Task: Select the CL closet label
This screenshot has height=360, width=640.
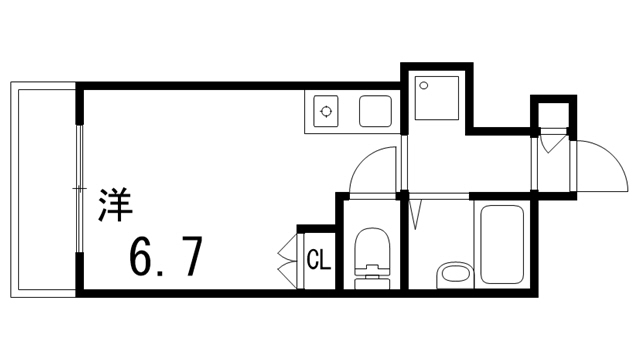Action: [x=318, y=262]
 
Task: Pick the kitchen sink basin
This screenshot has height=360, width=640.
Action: [x=375, y=110]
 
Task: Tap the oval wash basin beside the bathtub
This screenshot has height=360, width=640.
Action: [x=454, y=272]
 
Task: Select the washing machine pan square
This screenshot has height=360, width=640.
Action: [x=435, y=99]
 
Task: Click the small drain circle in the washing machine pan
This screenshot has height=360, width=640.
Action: [x=423, y=85]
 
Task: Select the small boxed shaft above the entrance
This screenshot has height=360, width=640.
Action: [x=553, y=115]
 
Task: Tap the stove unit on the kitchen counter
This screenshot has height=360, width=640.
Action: [x=326, y=111]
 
